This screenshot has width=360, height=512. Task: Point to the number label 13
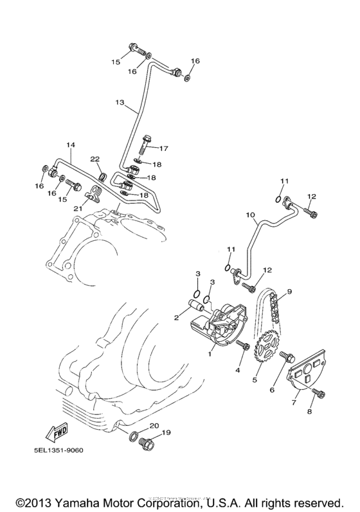pos(120,102)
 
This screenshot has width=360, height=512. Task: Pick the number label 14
pos(71,145)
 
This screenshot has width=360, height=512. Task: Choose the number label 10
pos(249,214)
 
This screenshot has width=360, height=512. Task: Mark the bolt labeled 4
pos(243,346)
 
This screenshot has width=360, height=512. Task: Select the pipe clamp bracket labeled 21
pos(94,193)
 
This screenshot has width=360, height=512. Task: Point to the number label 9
pos(289,291)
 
